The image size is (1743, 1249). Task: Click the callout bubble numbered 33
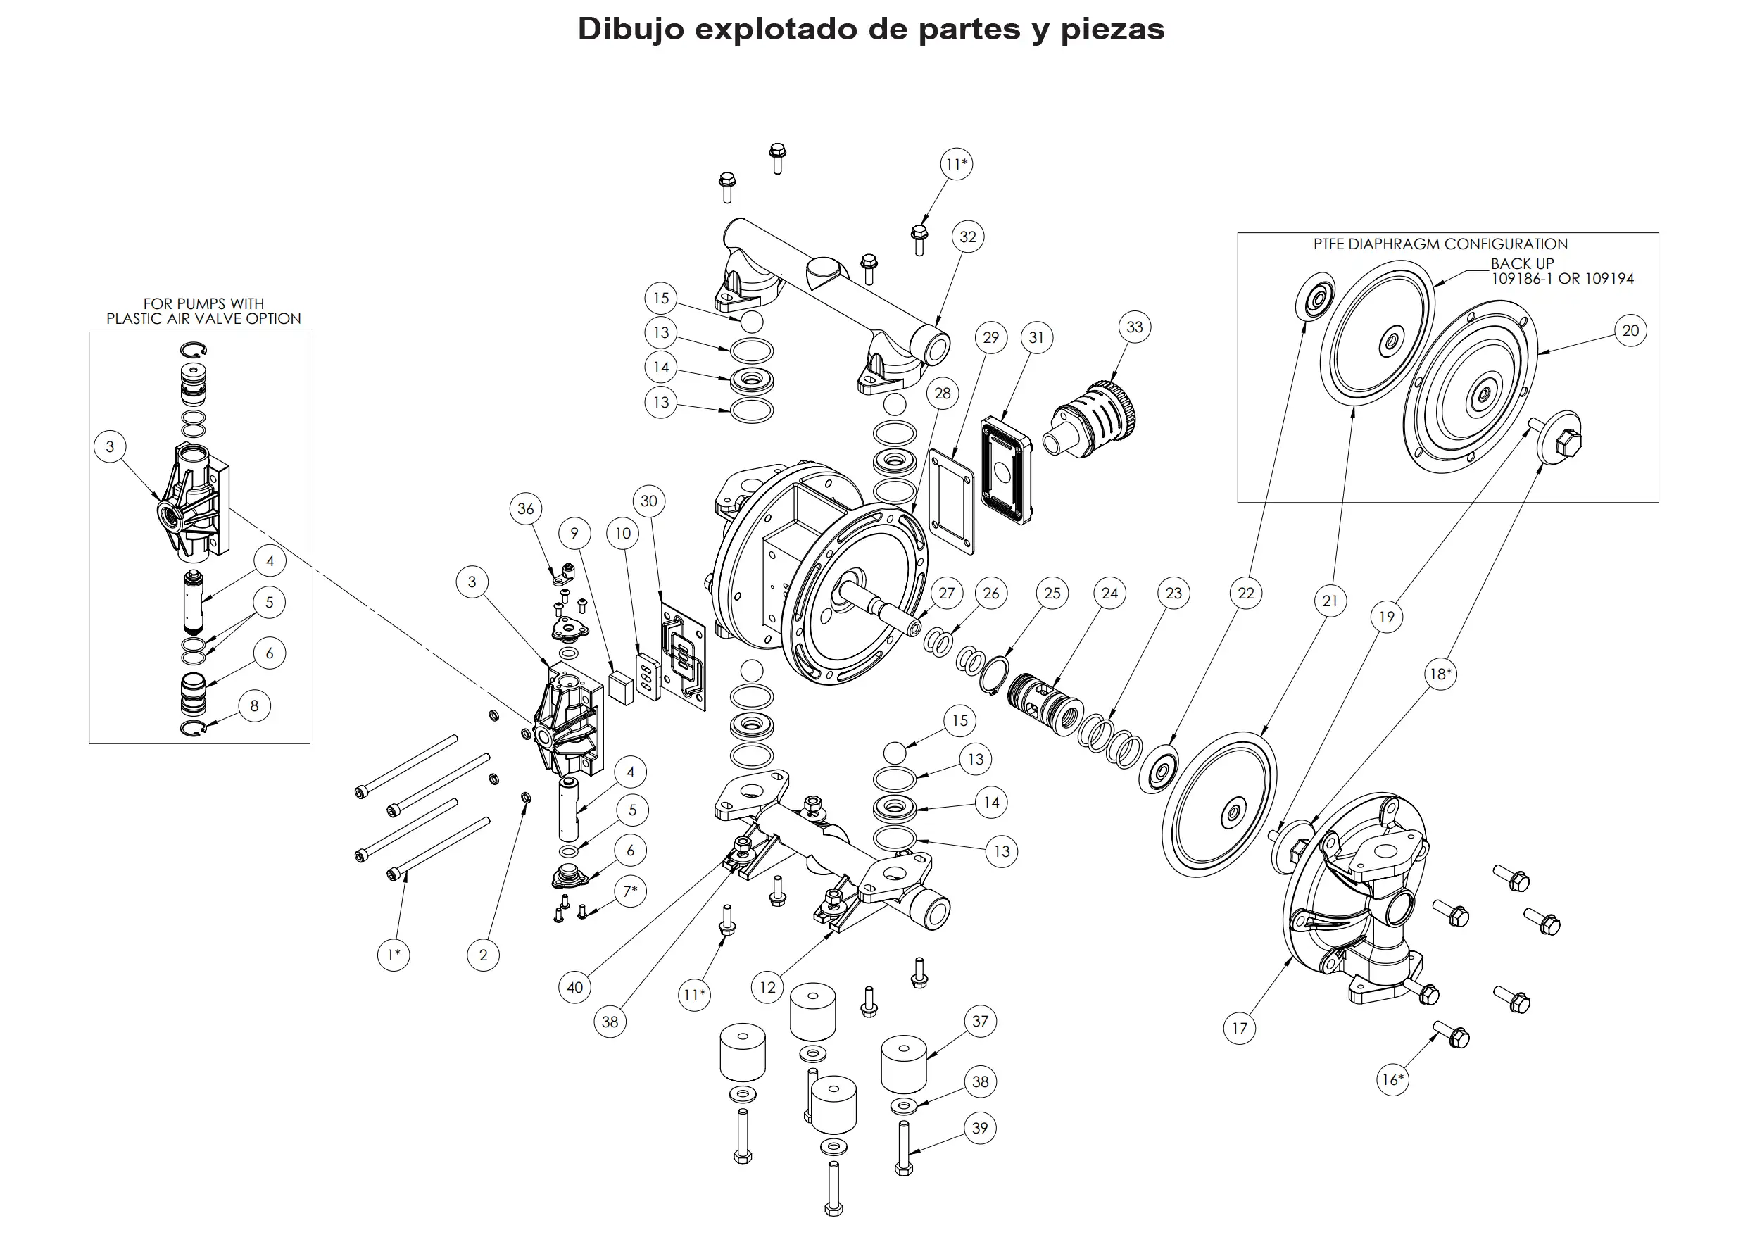pyautogui.click(x=1134, y=327)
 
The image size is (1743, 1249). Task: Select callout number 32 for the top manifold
pyautogui.click(x=967, y=237)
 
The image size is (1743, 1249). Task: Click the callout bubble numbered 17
pyautogui.click(x=1239, y=1028)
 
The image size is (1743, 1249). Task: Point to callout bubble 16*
pyautogui.click(x=1392, y=1079)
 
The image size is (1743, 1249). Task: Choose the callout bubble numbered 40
pyautogui.click(x=575, y=987)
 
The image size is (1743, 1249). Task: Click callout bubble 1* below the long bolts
pyautogui.click(x=394, y=955)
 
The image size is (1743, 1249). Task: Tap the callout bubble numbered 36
pyautogui.click(x=526, y=508)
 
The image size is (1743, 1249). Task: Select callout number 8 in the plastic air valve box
pyautogui.click(x=254, y=705)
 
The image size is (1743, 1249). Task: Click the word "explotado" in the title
pyautogui.click(x=776, y=29)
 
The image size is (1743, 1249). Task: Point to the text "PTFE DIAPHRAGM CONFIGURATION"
pyautogui.click(x=1440, y=244)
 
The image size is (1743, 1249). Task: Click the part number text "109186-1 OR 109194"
pyautogui.click(x=1562, y=279)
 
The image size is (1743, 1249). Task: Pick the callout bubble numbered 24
pyautogui.click(x=1109, y=593)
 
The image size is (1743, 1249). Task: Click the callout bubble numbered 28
pyautogui.click(x=942, y=393)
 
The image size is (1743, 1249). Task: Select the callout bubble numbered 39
pyautogui.click(x=980, y=1128)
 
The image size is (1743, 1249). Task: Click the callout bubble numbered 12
pyautogui.click(x=767, y=987)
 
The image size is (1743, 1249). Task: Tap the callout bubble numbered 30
pyautogui.click(x=648, y=501)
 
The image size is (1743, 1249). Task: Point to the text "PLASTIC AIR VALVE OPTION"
pyautogui.click(x=203, y=318)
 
